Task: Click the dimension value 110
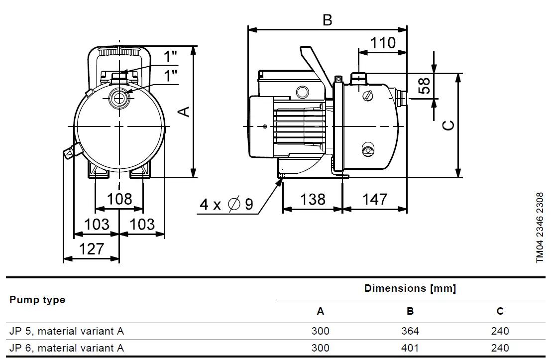click(383, 43)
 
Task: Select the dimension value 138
click(313, 199)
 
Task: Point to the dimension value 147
click(374, 199)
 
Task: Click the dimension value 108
click(119, 199)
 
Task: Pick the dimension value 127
click(92, 248)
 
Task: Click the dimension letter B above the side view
click(327, 20)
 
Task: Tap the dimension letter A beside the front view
click(185, 111)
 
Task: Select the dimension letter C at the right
click(448, 125)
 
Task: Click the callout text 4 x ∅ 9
click(226, 204)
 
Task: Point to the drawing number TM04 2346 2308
click(540, 228)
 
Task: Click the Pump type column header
click(37, 300)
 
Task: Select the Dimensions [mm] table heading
click(410, 288)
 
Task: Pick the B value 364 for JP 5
click(410, 331)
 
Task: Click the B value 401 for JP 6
click(410, 348)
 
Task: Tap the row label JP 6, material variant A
click(66, 348)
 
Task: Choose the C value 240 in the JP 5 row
click(500, 331)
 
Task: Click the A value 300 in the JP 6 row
click(320, 348)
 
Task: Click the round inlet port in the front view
click(119, 98)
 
